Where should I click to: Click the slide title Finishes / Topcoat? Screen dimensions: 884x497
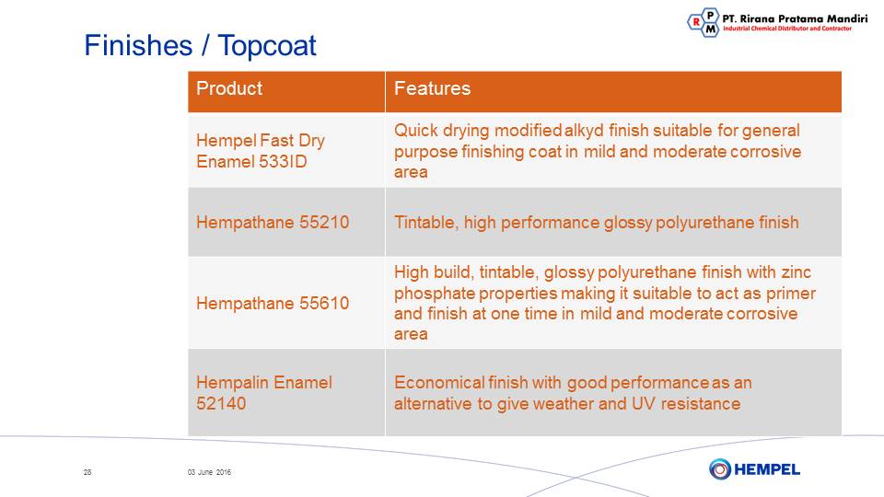200,46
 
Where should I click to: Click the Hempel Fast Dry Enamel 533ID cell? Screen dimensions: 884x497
286,150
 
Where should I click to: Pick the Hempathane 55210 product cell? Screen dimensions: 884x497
286,223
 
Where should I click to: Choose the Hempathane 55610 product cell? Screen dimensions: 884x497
286,303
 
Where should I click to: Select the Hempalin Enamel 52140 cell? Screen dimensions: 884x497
286,392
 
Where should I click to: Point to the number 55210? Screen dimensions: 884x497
324,222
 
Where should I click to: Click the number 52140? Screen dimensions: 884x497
221,403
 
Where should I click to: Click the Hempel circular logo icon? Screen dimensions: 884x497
720,468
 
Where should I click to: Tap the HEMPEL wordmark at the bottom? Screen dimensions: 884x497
767,469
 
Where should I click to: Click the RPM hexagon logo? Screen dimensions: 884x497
704,22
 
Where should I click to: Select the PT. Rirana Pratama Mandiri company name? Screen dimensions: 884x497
795,18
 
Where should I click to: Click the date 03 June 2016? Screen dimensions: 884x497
209,472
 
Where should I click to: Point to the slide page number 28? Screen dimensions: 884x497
87,472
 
